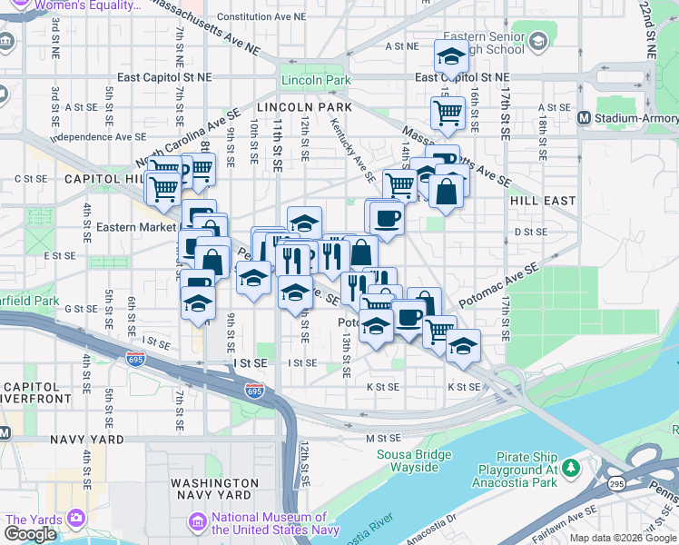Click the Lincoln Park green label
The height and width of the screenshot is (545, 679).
coord(316,81)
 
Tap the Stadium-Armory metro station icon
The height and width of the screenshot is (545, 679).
coord(585,118)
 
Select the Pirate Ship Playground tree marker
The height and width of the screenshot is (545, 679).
coord(570,469)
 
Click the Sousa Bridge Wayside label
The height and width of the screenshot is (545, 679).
coord(415,461)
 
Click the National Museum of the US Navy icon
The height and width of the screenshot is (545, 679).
coord(196,522)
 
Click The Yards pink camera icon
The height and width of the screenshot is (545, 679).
coord(74,519)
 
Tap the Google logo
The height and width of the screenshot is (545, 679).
coord(30,533)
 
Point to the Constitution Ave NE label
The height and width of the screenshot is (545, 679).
coord(262,16)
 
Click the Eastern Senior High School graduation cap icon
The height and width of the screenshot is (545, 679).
coord(538,41)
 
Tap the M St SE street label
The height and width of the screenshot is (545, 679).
coord(383,438)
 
